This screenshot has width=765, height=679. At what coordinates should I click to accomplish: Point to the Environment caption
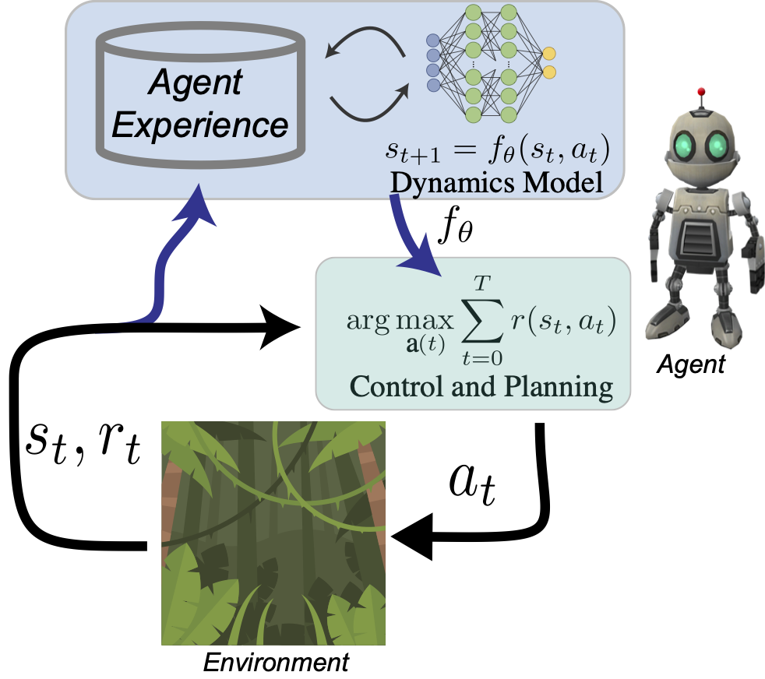[276, 663]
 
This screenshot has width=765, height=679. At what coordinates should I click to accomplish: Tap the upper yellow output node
[549, 55]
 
